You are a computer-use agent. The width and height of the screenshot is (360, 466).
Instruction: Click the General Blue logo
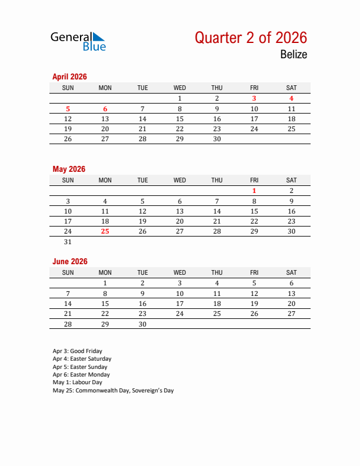(78, 41)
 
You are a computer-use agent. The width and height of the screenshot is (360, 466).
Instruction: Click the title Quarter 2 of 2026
(251, 38)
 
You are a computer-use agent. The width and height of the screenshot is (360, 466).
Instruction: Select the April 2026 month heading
(69, 76)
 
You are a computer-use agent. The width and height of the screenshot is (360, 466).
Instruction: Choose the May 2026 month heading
(69, 169)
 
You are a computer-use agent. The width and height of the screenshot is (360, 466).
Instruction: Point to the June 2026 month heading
(69, 261)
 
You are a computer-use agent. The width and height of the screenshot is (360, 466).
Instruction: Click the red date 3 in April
(254, 99)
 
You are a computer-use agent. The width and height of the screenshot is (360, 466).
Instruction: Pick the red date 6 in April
(105, 109)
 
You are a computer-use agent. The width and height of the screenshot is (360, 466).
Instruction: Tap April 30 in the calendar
(217, 139)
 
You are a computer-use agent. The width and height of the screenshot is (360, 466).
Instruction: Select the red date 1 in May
(254, 191)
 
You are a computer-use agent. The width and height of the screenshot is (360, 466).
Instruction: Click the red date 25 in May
(105, 231)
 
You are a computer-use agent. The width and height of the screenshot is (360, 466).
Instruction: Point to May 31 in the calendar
(68, 241)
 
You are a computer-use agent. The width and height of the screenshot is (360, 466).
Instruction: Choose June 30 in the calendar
(142, 324)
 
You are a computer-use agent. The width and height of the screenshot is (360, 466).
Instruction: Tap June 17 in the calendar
(180, 304)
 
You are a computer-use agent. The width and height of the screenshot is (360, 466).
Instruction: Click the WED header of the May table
(180, 180)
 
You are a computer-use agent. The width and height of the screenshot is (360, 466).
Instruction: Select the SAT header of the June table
(291, 272)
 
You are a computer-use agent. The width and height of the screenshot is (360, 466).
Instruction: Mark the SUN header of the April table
(68, 88)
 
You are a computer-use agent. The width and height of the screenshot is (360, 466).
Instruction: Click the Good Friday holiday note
(77, 351)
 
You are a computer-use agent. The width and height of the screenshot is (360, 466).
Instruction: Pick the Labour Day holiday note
(77, 382)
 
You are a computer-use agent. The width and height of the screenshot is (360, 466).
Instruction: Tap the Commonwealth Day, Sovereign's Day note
(113, 390)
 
